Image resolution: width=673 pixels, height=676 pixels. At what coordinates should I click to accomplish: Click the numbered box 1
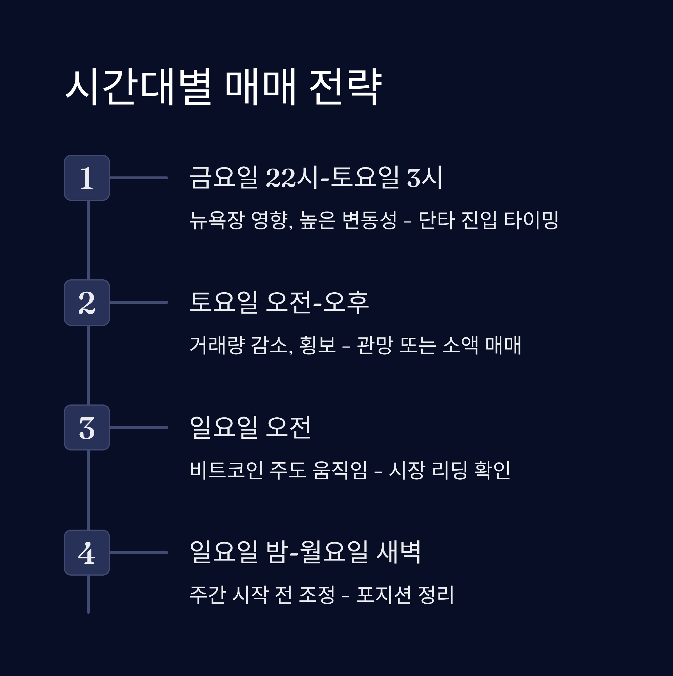click(87, 178)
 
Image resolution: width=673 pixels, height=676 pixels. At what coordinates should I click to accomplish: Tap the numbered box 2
click(87, 303)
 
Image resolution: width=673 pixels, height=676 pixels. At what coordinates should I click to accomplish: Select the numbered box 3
click(87, 427)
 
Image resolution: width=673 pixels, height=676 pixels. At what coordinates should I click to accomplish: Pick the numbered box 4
click(87, 553)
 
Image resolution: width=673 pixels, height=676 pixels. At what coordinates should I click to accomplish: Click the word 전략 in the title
click(345, 86)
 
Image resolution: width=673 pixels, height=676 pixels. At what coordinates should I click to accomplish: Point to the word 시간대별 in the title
click(139, 86)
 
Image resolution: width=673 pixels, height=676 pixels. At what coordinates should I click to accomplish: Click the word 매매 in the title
click(261, 86)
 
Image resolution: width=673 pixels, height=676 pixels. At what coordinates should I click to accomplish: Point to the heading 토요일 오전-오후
click(279, 302)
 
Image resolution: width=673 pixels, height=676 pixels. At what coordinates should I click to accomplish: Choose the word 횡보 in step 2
click(318, 345)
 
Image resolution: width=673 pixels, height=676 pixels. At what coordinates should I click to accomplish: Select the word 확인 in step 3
click(492, 470)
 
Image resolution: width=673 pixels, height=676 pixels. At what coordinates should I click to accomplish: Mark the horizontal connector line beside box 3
click(139, 427)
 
